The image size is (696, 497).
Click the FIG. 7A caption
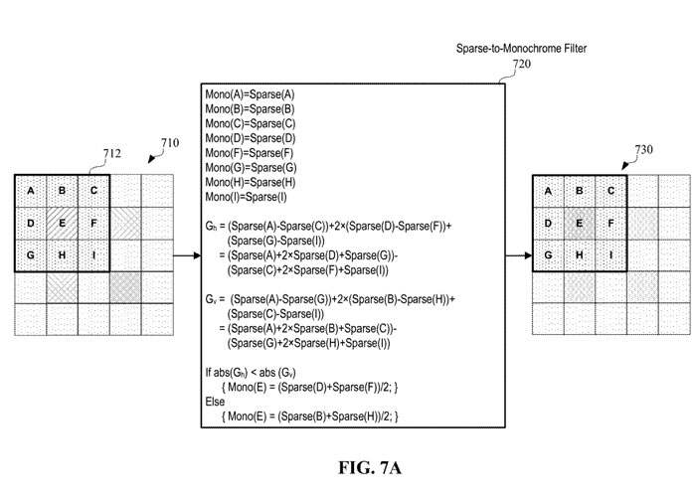[346, 464]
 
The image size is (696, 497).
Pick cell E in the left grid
[62, 223]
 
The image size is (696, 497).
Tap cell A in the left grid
[31, 191]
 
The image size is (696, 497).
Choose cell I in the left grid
[93, 254]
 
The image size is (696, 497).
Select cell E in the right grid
[580, 223]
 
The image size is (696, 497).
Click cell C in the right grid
[611, 191]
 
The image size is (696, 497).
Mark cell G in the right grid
[549, 254]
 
